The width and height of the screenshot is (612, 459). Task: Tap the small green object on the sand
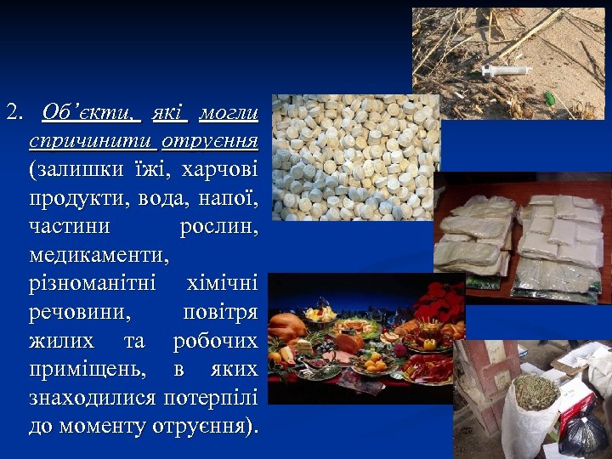click(550, 99)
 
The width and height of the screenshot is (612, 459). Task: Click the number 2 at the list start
click(12, 110)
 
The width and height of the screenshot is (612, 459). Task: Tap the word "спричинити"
click(93, 140)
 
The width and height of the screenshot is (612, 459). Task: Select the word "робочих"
click(216, 341)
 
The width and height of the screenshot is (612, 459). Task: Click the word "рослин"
click(219, 226)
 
